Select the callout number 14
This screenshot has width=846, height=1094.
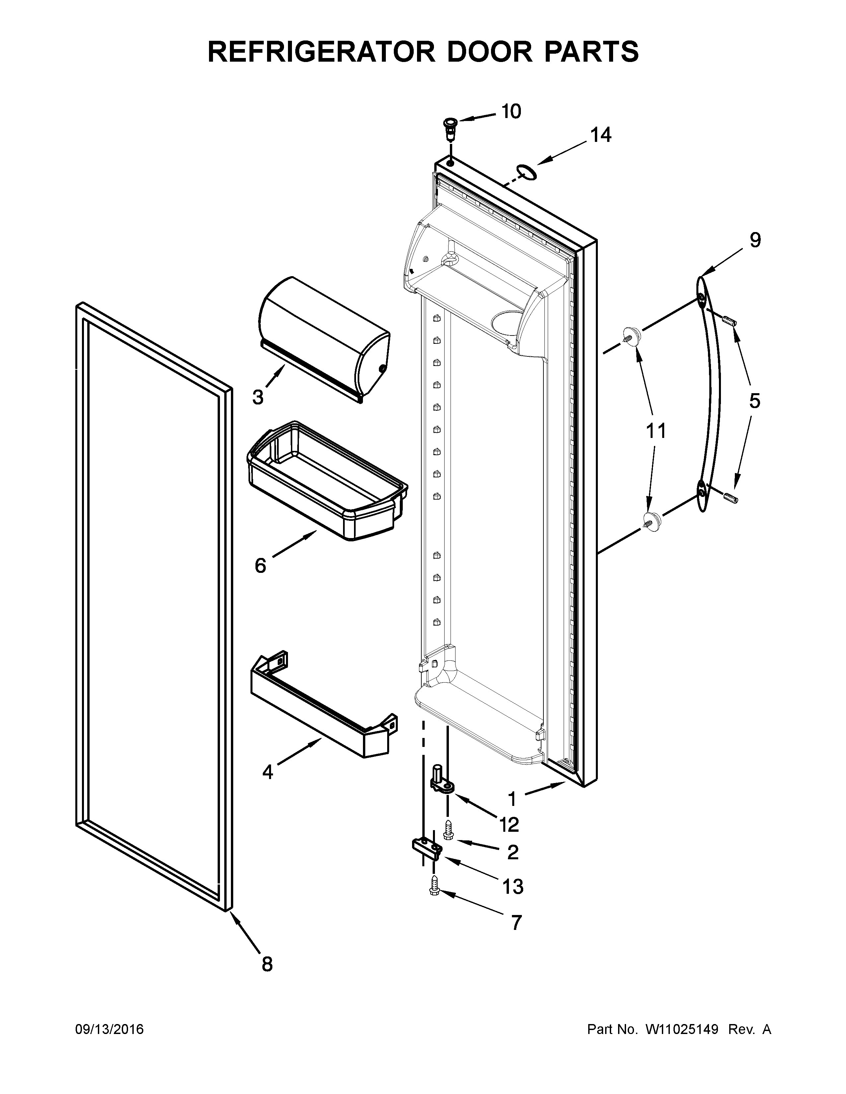click(601, 135)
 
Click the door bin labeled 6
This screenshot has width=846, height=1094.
click(326, 481)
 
